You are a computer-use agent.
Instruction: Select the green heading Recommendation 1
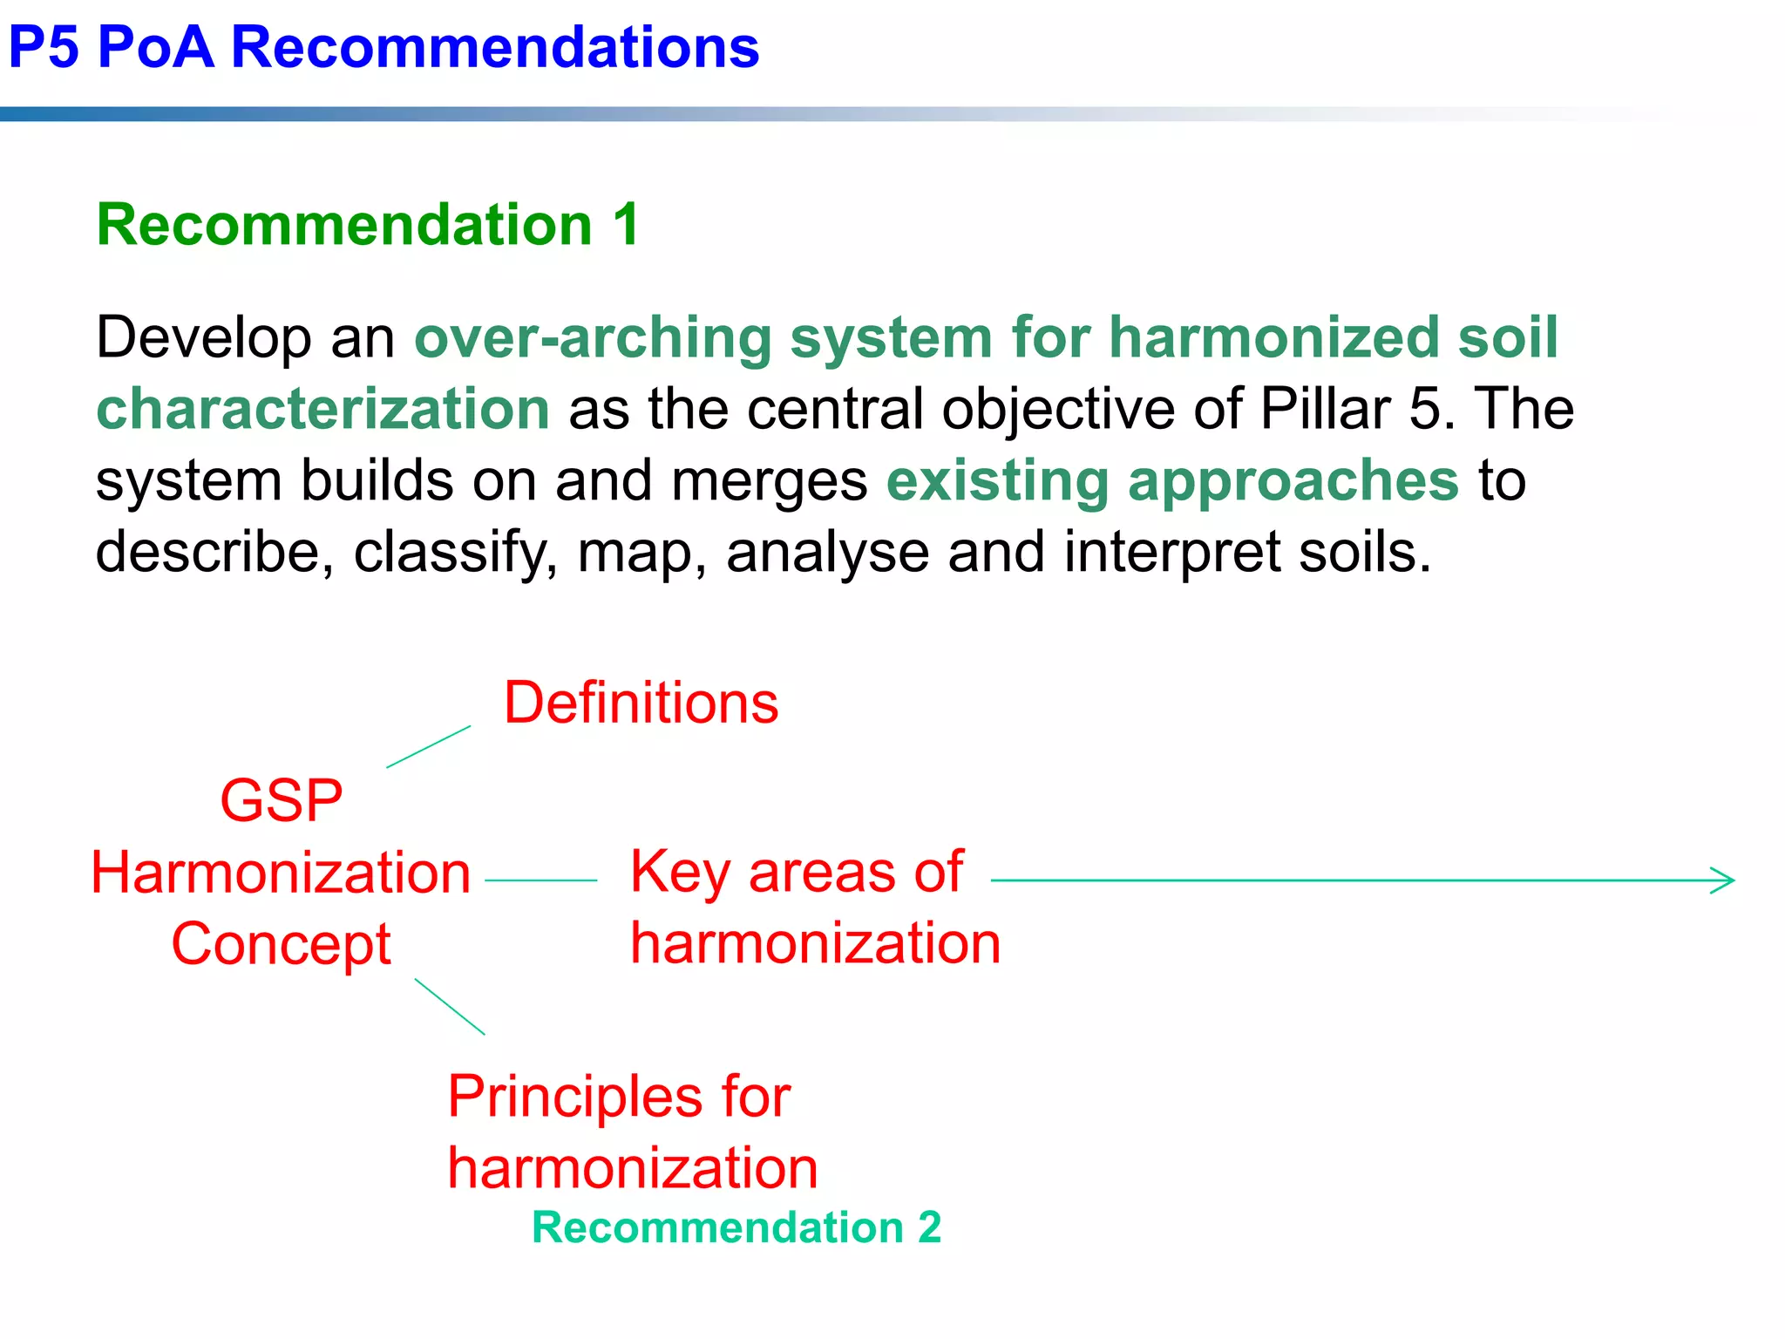pyautogui.click(x=368, y=225)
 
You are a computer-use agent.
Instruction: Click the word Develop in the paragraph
pyautogui.click(x=203, y=338)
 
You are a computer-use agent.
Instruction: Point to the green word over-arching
pyautogui.click(x=593, y=338)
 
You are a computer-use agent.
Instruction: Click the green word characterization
pyautogui.click(x=322, y=410)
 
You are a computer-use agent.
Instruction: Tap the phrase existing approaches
pyautogui.click(x=1172, y=481)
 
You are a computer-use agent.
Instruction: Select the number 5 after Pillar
pyautogui.click(x=1426, y=410)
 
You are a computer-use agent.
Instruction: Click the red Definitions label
pyautogui.click(x=641, y=703)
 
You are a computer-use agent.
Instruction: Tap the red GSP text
pyautogui.click(x=281, y=801)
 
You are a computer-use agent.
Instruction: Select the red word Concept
pyautogui.click(x=281, y=945)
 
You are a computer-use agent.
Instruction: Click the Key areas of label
pyautogui.click(x=796, y=872)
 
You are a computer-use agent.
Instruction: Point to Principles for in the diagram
pyautogui.click(x=619, y=1097)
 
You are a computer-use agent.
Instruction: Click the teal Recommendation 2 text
pyautogui.click(x=736, y=1228)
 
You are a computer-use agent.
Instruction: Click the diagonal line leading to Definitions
pyautogui.click(x=429, y=746)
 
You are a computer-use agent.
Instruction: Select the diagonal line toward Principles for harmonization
pyautogui.click(x=450, y=1007)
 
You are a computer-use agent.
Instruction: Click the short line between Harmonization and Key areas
pyautogui.click(x=540, y=880)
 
